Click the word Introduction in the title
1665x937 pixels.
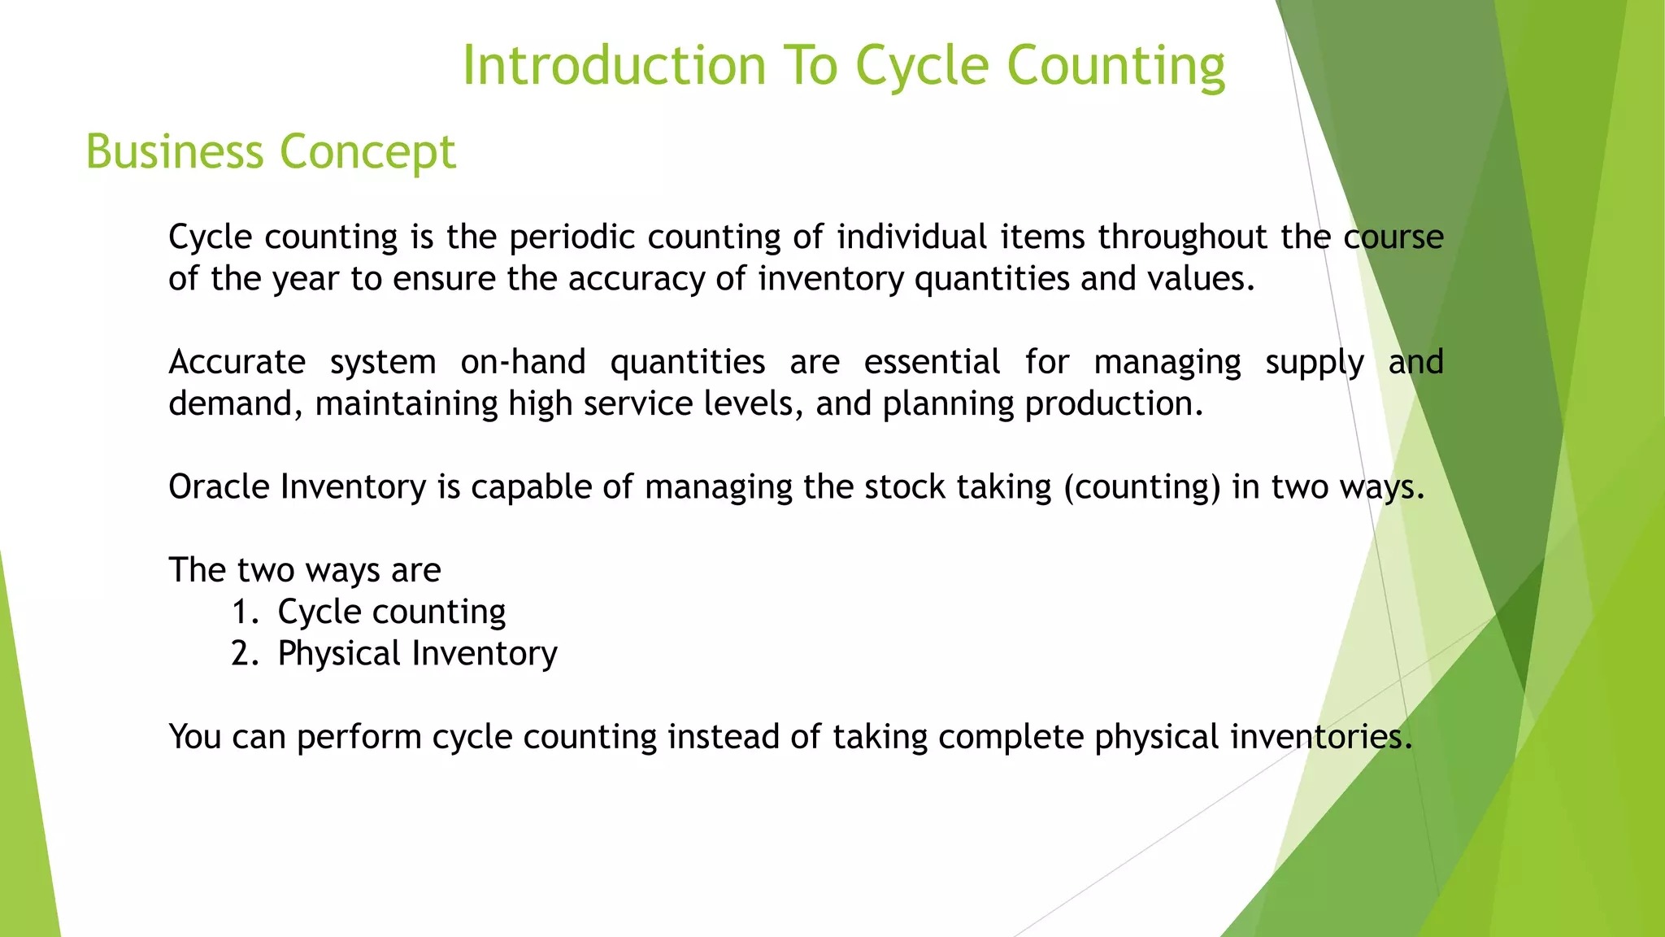click(x=614, y=65)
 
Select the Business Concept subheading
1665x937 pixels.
click(x=271, y=151)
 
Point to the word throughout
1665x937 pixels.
click(x=1182, y=237)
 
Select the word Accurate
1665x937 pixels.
click(x=237, y=362)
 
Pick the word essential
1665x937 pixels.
click(x=931, y=362)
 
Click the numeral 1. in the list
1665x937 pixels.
click(x=244, y=612)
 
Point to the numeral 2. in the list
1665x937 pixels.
click(x=244, y=653)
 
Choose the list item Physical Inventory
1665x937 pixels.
click(x=417, y=653)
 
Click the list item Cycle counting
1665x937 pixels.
click(x=391, y=612)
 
